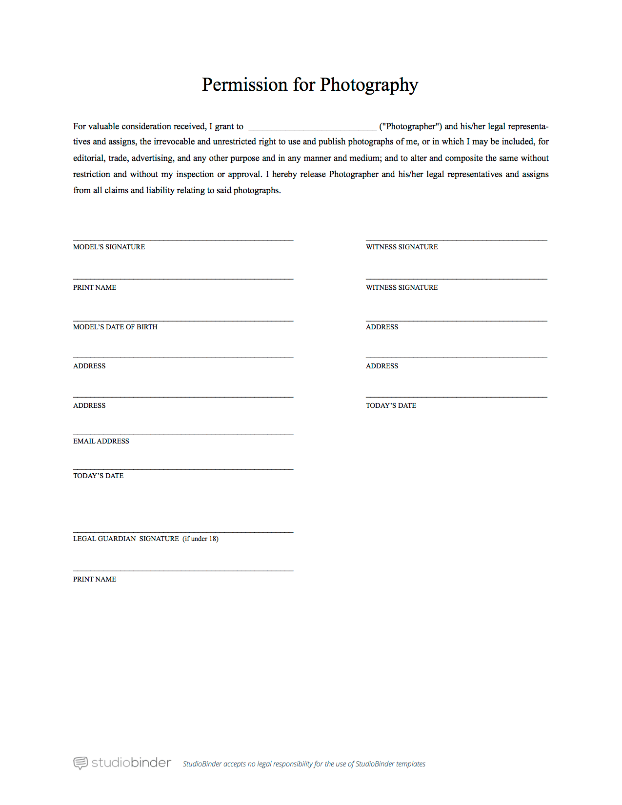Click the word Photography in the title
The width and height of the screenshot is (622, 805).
click(369, 85)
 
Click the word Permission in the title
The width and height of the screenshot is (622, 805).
click(245, 85)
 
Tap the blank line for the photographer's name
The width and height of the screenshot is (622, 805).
click(312, 129)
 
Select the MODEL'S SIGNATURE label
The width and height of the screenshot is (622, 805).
click(109, 247)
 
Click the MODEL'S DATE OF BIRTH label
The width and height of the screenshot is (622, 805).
click(115, 327)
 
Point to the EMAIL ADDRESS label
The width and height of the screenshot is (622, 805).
click(101, 441)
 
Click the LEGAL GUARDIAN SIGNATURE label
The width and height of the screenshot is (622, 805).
click(126, 539)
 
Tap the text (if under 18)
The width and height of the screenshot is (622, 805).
click(201, 539)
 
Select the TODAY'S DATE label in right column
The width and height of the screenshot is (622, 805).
click(391, 405)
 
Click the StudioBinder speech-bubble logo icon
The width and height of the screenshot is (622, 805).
click(80, 763)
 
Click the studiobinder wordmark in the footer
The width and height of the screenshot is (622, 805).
click(131, 763)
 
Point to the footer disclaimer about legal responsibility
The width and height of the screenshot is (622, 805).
click(304, 764)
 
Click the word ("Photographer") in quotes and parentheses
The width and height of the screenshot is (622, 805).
click(411, 126)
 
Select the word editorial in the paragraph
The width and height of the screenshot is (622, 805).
click(88, 158)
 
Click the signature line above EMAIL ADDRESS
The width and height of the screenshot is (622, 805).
click(183, 434)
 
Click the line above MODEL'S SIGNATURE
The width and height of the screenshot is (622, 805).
click(183, 240)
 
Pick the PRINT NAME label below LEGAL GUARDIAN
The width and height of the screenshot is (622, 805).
click(95, 579)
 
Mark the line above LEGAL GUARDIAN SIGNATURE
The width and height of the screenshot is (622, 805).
click(183, 531)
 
